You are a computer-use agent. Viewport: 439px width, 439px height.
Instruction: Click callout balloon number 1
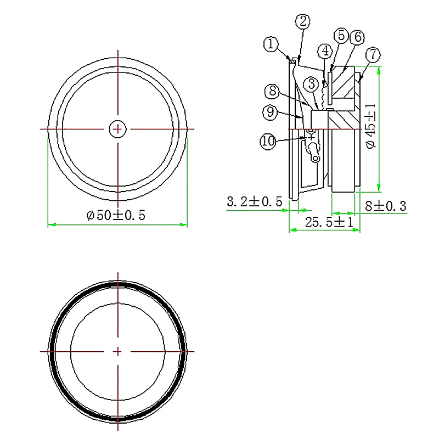269,44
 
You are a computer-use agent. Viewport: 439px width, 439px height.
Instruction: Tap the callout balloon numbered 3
311,84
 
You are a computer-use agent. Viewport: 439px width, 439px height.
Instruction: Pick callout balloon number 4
325,51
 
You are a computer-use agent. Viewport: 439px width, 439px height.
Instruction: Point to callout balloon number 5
341,36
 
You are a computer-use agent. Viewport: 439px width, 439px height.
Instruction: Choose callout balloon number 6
356,37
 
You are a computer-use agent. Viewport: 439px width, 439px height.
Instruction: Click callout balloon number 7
372,54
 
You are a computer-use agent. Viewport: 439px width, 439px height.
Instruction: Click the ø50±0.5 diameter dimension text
116,216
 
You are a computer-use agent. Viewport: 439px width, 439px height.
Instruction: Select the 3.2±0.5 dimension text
255,202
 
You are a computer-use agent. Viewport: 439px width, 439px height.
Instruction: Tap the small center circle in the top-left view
117,129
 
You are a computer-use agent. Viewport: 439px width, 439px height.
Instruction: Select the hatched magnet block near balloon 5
345,82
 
